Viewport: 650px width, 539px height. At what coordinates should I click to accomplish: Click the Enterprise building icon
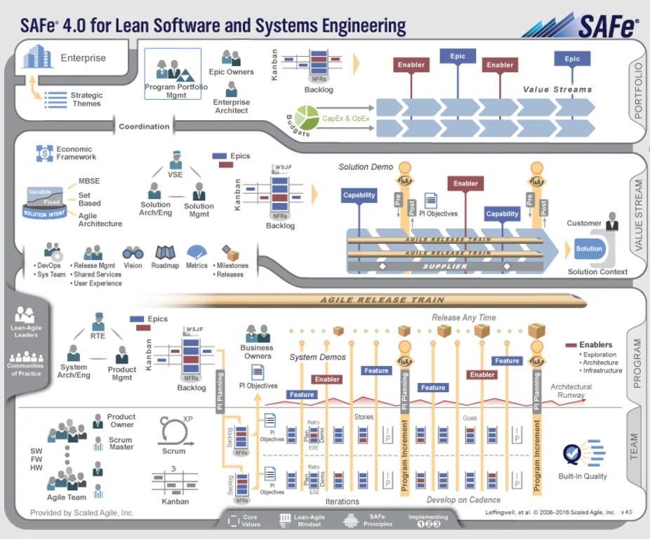pos(37,56)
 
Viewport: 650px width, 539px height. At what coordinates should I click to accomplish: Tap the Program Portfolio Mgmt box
pos(173,74)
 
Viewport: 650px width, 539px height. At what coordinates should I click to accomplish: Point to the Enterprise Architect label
pos(231,106)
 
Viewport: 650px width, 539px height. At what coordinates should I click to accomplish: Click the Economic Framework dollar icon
pos(44,152)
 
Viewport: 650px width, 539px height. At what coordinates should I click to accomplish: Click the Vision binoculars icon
pos(133,253)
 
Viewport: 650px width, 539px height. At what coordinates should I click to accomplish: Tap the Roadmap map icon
pos(165,252)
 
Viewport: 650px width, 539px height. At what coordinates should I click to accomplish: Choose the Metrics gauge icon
pos(197,252)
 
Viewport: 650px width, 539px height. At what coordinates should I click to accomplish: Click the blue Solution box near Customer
pos(588,248)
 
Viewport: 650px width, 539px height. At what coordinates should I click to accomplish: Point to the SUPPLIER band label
pos(444,267)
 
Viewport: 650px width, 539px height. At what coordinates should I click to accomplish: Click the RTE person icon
pos(98,322)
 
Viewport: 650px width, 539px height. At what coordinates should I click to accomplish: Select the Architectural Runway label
pos(571,391)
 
